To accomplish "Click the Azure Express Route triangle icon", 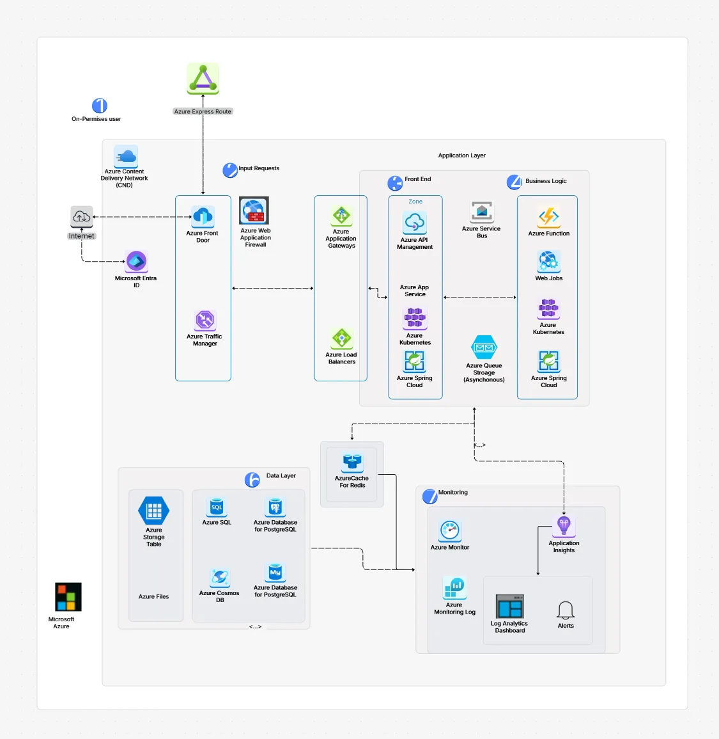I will click(203, 79).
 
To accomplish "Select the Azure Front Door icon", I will click(203, 217).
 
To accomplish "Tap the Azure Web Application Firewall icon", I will click(254, 211).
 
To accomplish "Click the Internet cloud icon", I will click(82, 217).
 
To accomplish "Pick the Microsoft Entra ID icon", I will click(136, 261).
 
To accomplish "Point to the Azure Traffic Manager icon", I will click(205, 320).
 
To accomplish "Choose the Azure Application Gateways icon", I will click(341, 216).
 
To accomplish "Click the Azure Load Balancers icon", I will click(341, 338).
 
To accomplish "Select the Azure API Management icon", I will click(415, 223).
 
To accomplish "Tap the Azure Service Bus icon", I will click(481, 212).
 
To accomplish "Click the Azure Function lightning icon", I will click(548, 217).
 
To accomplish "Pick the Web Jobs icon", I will click(548, 262).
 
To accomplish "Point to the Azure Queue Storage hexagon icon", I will click(484, 347).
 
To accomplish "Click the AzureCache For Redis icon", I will click(352, 462).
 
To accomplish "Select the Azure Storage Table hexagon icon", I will click(154, 511).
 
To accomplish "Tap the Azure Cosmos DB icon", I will click(220, 577).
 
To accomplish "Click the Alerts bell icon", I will click(566, 610).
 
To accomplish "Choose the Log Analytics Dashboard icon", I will click(509, 607).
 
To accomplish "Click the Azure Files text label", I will click(154, 596).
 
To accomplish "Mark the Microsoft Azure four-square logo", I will click(68, 597).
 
